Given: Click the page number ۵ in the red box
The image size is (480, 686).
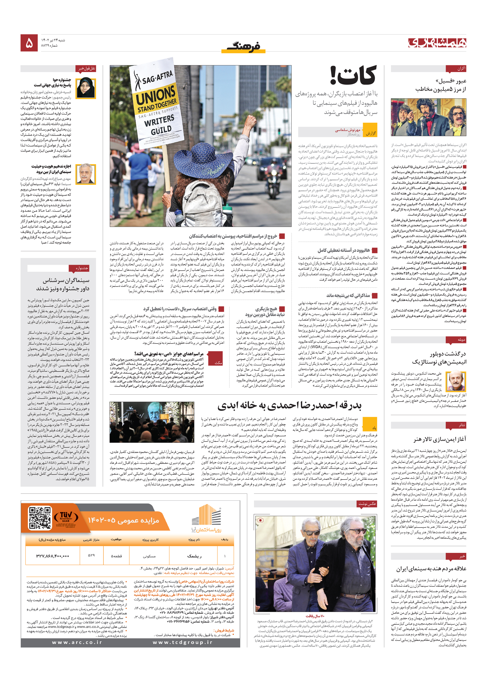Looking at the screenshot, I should click(29, 43).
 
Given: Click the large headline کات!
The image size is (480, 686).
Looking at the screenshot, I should click(353, 76).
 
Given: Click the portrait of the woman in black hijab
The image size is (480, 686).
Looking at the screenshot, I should click(86, 88).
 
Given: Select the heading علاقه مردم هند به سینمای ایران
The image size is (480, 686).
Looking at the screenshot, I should click(431, 568).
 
